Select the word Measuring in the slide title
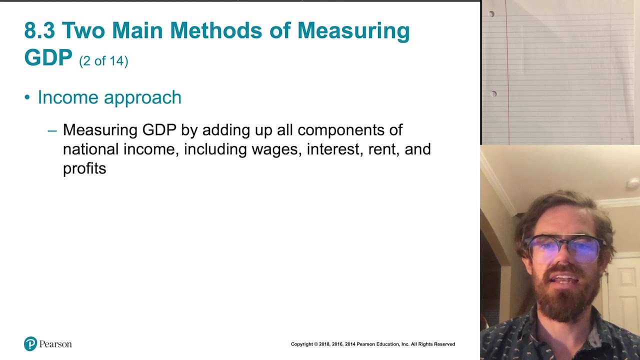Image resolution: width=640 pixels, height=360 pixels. click(x=353, y=31)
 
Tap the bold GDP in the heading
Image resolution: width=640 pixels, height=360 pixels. click(x=48, y=58)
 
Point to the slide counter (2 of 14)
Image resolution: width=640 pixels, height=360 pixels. click(x=103, y=61)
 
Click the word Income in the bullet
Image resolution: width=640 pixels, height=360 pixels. click(x=67, y=97)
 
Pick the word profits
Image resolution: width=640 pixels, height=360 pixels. click(x=84, y=168)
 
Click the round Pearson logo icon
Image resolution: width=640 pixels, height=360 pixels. click(x=30, y=344)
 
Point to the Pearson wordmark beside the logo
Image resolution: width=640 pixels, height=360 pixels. click(x=55, y=344)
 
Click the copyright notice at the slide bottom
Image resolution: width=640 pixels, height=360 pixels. click(x=372, y=344)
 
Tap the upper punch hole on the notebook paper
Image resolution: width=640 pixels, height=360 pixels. click(x=491, y=14)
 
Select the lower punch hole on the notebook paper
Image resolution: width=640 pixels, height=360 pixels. click(x=493, y=94)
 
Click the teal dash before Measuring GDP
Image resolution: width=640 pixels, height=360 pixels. click(x=52, y=130)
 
